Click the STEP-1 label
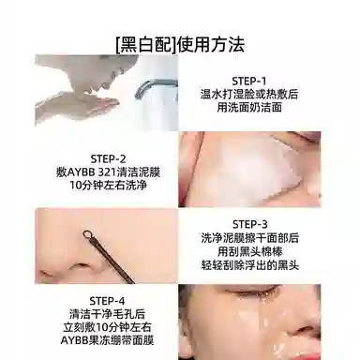[249, 82]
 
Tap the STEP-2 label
[108, 159]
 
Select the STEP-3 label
[250, 224]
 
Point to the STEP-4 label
[107, 301]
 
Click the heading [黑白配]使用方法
[180, 45]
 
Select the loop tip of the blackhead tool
[87, 234]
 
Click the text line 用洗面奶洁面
[249, 108]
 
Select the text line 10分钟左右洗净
[108, 186]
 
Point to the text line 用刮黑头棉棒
[250, 251]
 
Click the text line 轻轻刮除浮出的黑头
[250, 265]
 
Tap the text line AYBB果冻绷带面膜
[107, 340]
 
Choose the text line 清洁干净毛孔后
[107, 314]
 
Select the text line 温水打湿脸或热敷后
[249, 94]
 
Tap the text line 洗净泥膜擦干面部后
[250, 238]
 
